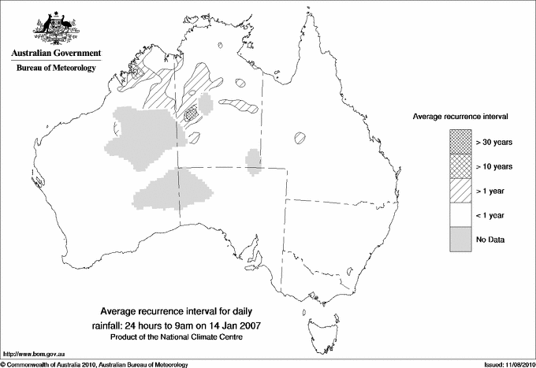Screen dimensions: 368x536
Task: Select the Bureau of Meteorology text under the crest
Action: [55, 69]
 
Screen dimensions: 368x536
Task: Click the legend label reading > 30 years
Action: [494, 143]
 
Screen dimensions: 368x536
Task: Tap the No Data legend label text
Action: [490, 239]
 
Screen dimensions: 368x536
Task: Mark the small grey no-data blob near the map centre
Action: [253, 160]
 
